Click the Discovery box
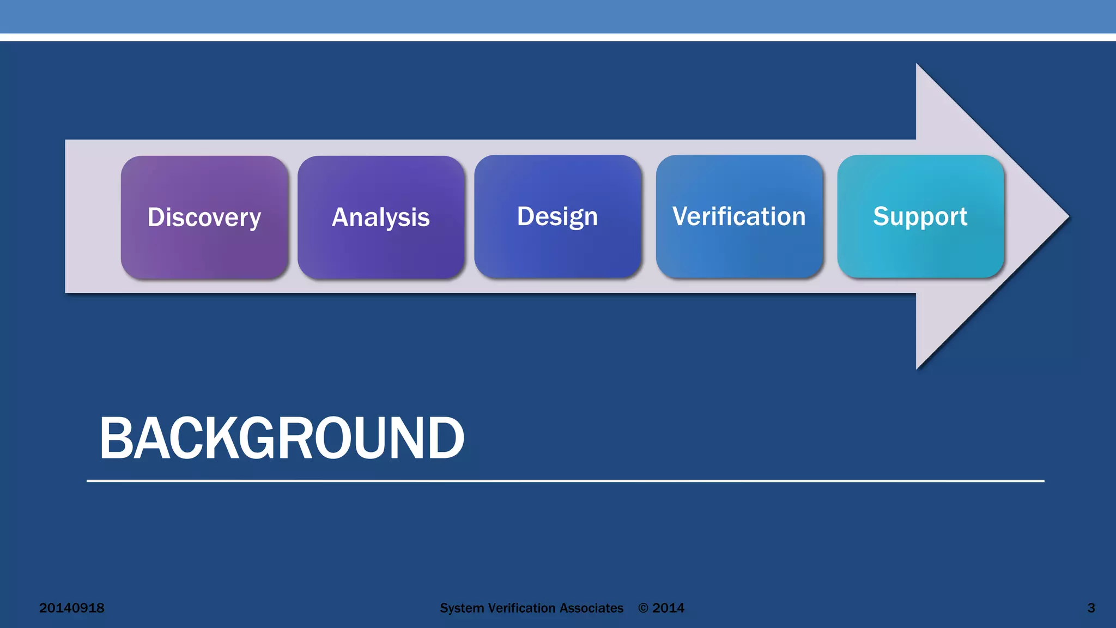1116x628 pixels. click(204, 245)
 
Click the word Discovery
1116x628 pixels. click(204, 217)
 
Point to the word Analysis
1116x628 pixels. click(381, 217)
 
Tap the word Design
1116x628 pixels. click(557, 216)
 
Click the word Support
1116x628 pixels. click(920, 216)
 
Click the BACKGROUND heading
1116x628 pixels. click(282, 438)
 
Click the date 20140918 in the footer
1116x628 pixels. click(71, 608)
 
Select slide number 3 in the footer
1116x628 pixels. click(1091, 608)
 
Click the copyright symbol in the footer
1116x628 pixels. click(644, 608)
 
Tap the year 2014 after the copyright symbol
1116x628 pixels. click(669, 608)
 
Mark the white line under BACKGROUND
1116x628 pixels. click(565, 481)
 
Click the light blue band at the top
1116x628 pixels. click(558, 16)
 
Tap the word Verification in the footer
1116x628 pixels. click(521, 608)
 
